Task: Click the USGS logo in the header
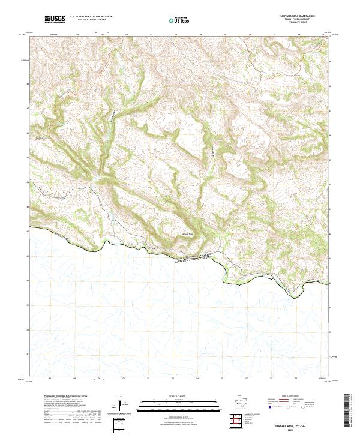pyautogui.click(x=55, y=20)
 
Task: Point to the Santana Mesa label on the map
pyautogui.click(x=188, y=233)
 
